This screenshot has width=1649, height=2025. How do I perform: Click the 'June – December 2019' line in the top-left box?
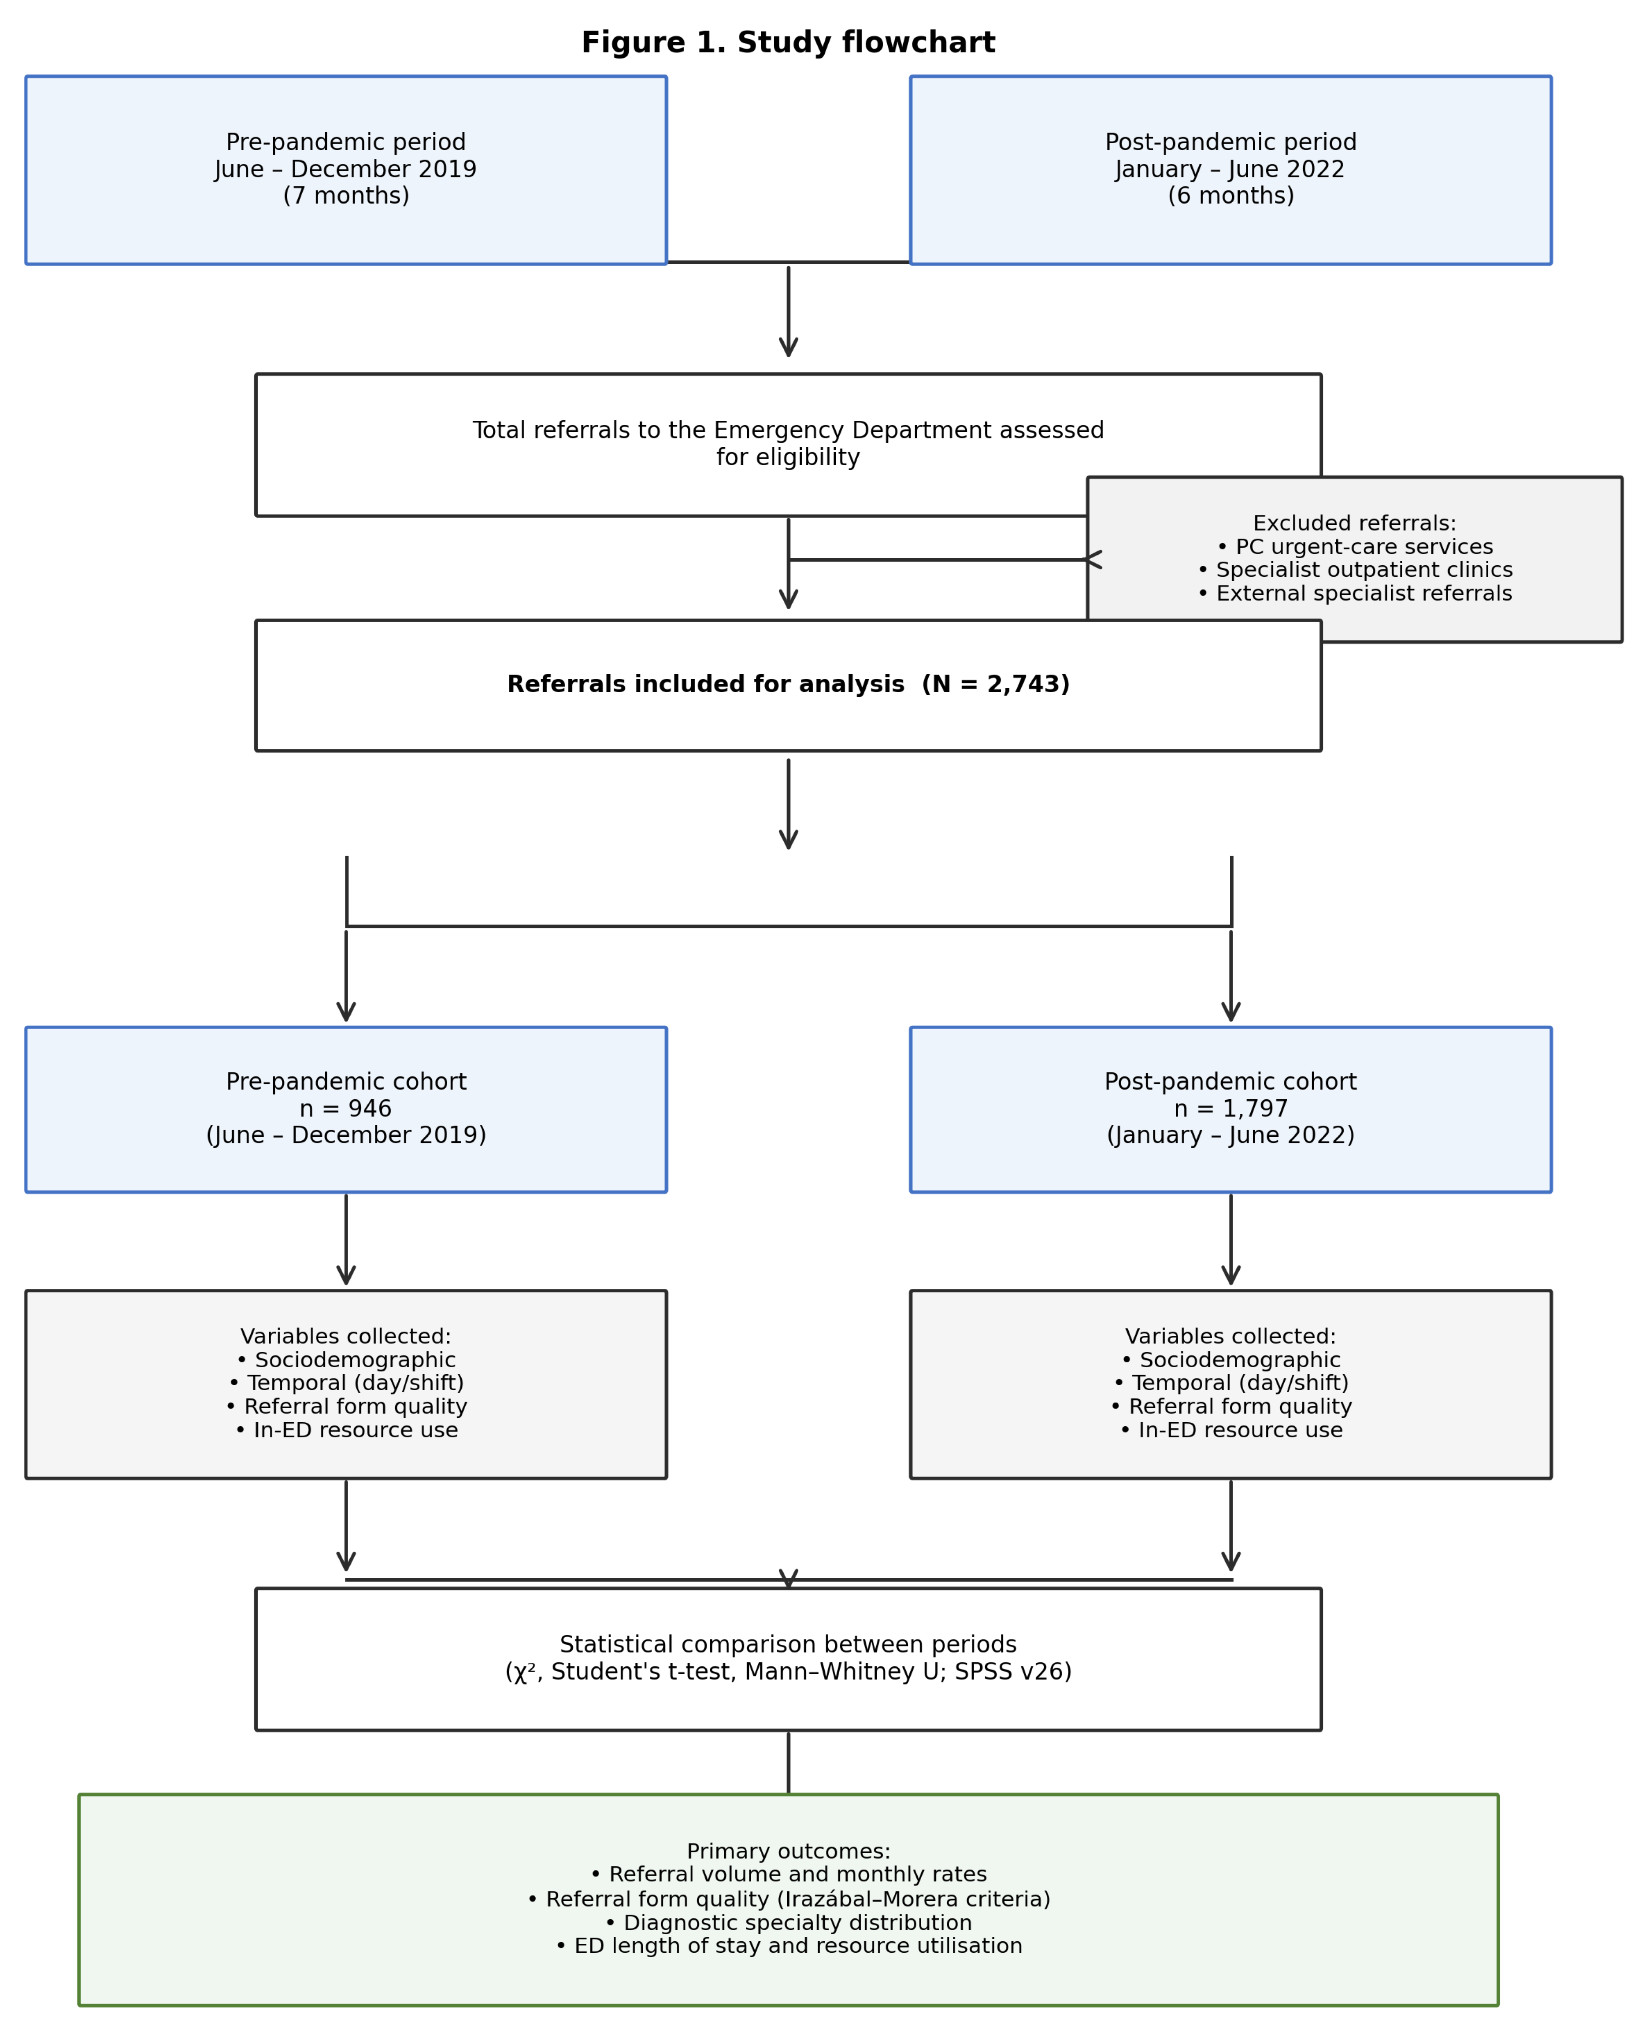click(346, 169)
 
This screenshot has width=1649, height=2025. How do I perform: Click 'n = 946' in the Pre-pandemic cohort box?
click(346, 1109)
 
